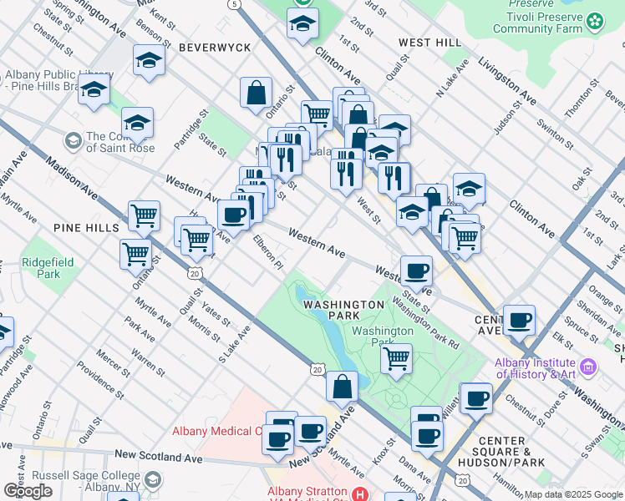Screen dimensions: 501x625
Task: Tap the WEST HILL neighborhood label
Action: click(429, 42)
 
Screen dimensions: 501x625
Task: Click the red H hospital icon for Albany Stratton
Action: click(360, 494)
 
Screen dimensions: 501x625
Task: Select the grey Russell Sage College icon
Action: click(153, 479)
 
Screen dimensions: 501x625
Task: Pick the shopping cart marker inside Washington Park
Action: click(396, 359)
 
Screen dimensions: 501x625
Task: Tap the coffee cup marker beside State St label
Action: click(416, 270)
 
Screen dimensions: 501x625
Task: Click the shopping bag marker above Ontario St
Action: click(257, 93)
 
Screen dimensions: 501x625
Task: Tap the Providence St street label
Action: click(100, 378)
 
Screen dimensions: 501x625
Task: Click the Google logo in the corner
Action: click(28, 491)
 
